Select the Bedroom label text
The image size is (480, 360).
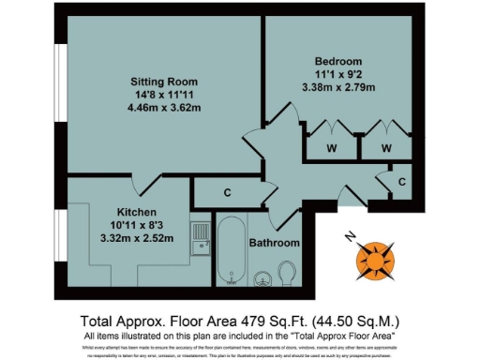click(x=335, y=61)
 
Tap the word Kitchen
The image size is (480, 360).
click(x=136, y=212)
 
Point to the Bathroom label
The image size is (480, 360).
click(x=275, y=243)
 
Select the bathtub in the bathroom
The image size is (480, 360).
click(x=230, y=251)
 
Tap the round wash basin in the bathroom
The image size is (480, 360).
click(x=264, y=277)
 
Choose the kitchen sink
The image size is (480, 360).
click(x=201, y=240)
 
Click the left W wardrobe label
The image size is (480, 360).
click(x=332, y=148)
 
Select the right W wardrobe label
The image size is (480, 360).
click(x=386, y=148)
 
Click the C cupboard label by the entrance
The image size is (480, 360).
click(x=401, y=181)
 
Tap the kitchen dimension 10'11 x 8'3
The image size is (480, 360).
click(x=136, y=225)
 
